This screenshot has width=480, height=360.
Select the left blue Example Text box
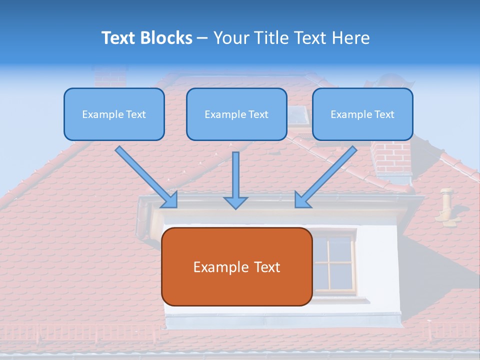pyautogui.click(x=114, y=114)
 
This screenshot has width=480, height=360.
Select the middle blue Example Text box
pyautogui.click(x=236, y=114)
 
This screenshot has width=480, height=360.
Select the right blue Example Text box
pyautogui.click(x=362, y=114)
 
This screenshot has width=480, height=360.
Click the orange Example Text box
pyautogui.click(x=236, y=266)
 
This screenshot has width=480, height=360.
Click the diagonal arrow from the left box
pyautogui.click(x=145, y=176)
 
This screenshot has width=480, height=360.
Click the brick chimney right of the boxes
pyautogui.click(x=391, y=157)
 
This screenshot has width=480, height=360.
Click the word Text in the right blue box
pyautogui.click(x=384, y=114)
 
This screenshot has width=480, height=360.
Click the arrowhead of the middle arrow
pyautogui.click(x=235, y=202)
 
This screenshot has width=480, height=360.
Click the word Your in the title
pyautogui.click(x=231, y=38)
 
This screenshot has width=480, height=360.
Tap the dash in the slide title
pyautogui.click(x=202, y=38)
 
